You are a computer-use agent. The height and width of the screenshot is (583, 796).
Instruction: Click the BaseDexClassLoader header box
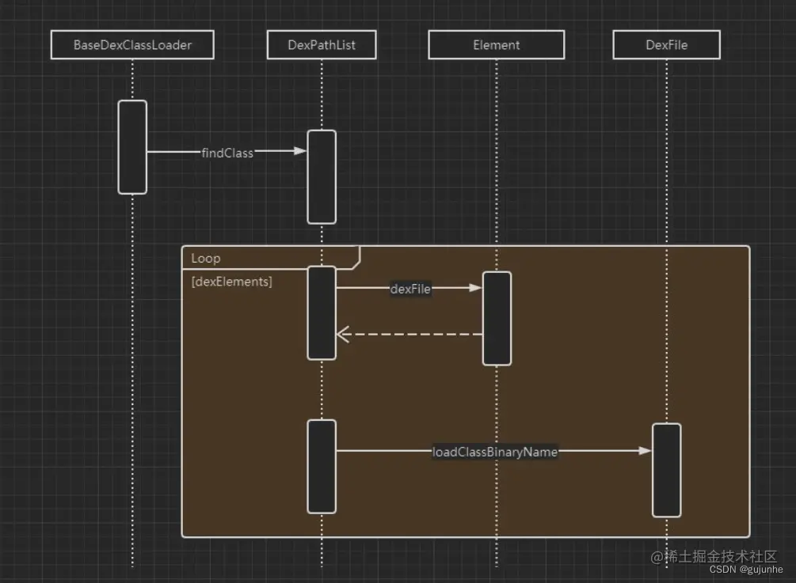132,44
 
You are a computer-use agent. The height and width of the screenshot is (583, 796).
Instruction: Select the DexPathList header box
322,44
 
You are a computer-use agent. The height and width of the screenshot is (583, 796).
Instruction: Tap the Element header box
497,44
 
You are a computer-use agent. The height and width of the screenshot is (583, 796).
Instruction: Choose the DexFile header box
667,44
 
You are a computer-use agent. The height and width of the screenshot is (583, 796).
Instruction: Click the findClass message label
227,153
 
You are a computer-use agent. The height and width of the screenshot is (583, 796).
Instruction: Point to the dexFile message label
410,289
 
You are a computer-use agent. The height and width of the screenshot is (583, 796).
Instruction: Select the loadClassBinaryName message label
495,452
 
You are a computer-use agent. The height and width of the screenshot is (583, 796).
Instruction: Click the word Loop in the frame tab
206,259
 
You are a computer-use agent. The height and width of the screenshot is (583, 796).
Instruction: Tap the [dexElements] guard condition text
231,282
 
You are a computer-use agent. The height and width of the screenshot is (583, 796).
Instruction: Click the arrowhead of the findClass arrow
301,150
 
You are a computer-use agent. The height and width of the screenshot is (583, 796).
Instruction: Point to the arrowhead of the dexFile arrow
476,288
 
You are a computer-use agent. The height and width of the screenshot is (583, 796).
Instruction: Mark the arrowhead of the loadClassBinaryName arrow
646,451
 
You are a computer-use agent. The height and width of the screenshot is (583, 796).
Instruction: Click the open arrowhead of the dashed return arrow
342,335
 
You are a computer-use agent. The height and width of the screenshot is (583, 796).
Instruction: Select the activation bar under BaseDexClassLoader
132,147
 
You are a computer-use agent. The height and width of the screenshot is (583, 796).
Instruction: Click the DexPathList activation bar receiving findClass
322,177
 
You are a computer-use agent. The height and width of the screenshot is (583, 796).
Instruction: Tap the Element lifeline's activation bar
497,318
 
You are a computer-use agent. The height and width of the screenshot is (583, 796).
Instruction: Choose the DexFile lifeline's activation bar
667,471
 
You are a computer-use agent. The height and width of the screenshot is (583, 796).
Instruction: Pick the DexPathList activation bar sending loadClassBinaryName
322,467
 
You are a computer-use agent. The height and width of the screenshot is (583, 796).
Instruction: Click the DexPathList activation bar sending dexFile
322,313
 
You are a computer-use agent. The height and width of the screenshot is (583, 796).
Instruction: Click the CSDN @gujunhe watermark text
746,570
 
